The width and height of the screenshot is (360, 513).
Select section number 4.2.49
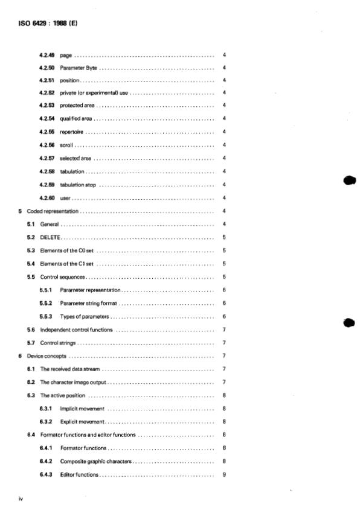(x=47, y=56)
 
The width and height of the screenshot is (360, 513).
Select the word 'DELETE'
(x=51, y=237)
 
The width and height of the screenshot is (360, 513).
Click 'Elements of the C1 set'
(x=66, y=264)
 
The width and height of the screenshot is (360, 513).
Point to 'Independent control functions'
(x=76, y=330)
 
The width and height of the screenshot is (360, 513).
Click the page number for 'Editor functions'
(x=224, y=475)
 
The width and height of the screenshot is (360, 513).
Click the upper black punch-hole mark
(x=348, y=180)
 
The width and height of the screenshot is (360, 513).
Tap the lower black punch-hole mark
(x=348, y=323)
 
